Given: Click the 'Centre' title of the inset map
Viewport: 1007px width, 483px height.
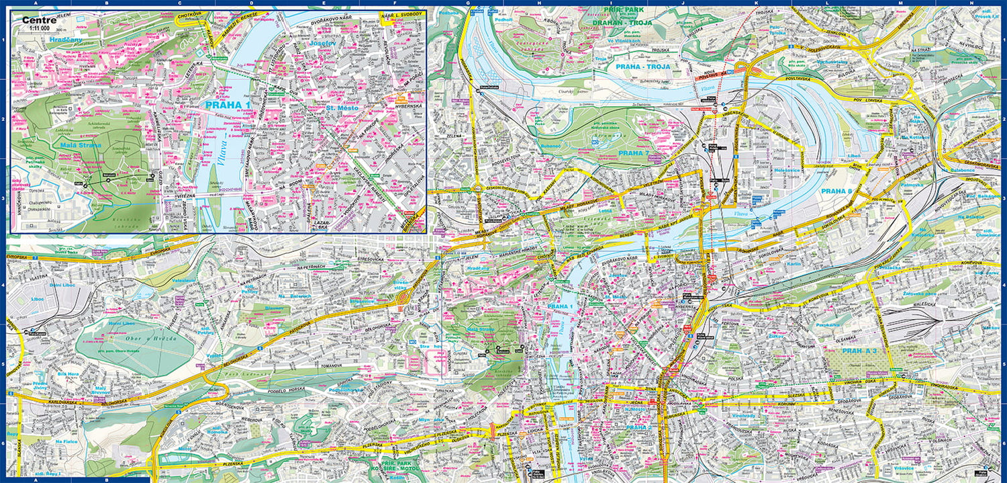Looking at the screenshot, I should tap(39, 20).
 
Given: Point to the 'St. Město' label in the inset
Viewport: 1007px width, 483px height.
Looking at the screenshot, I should tap(340, 107).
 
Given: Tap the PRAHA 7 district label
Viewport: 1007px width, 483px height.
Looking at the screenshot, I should tap(634, 153).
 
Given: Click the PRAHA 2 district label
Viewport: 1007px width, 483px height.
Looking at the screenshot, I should tap(638, 427).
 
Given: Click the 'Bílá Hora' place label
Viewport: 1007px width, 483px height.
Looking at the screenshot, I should tap(68, 373).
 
